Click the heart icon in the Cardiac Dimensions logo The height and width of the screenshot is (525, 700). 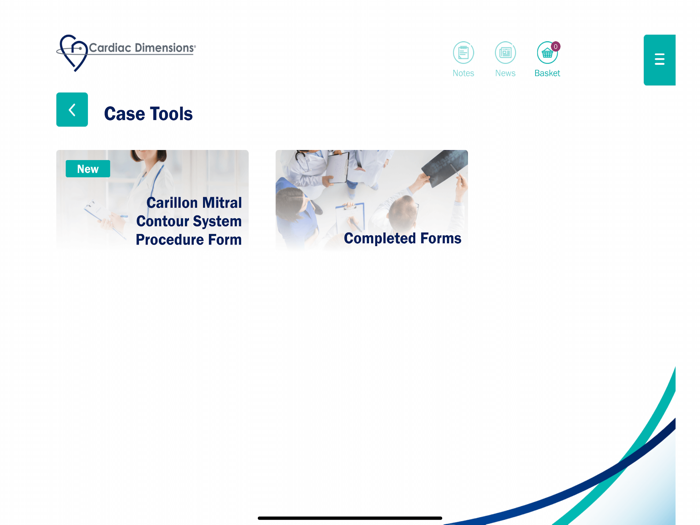pyautogui.click(x=72, y=52)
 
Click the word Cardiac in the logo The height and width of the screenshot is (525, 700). pyautogui.click(x=110, y=47)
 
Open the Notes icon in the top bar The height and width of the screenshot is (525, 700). pyautogui.click(x=463, y=52)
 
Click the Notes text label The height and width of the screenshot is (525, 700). pyautogui.click(x=463, y=73)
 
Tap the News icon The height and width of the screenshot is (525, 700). pyautogui.click(x=505, y=52)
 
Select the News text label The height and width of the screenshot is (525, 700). pyautogui.click(x=505, y=73)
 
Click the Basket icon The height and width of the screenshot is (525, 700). pyautogui.click(x=546, y=53)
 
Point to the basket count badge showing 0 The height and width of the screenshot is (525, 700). pyautogui.click(x=556, y=46)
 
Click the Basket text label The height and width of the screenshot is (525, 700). pyautogui.click(x=547, y=73)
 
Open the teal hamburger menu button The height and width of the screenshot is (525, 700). pyautogui.click(x=659, y=60)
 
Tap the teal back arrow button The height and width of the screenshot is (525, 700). pyautogui.click(x=72, y=110)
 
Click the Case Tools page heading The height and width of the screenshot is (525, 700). pyautogui.click(x=148, y=114)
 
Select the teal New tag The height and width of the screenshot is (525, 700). pyautogui.click(x=88, y=169)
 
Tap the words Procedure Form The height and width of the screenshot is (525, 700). pyautogui.click(x=189, y=240)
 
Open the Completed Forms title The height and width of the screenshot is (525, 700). pyautogui.click(x=402, y=238)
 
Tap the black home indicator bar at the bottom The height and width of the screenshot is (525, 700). pyautogui.click(x=350, y=518)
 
